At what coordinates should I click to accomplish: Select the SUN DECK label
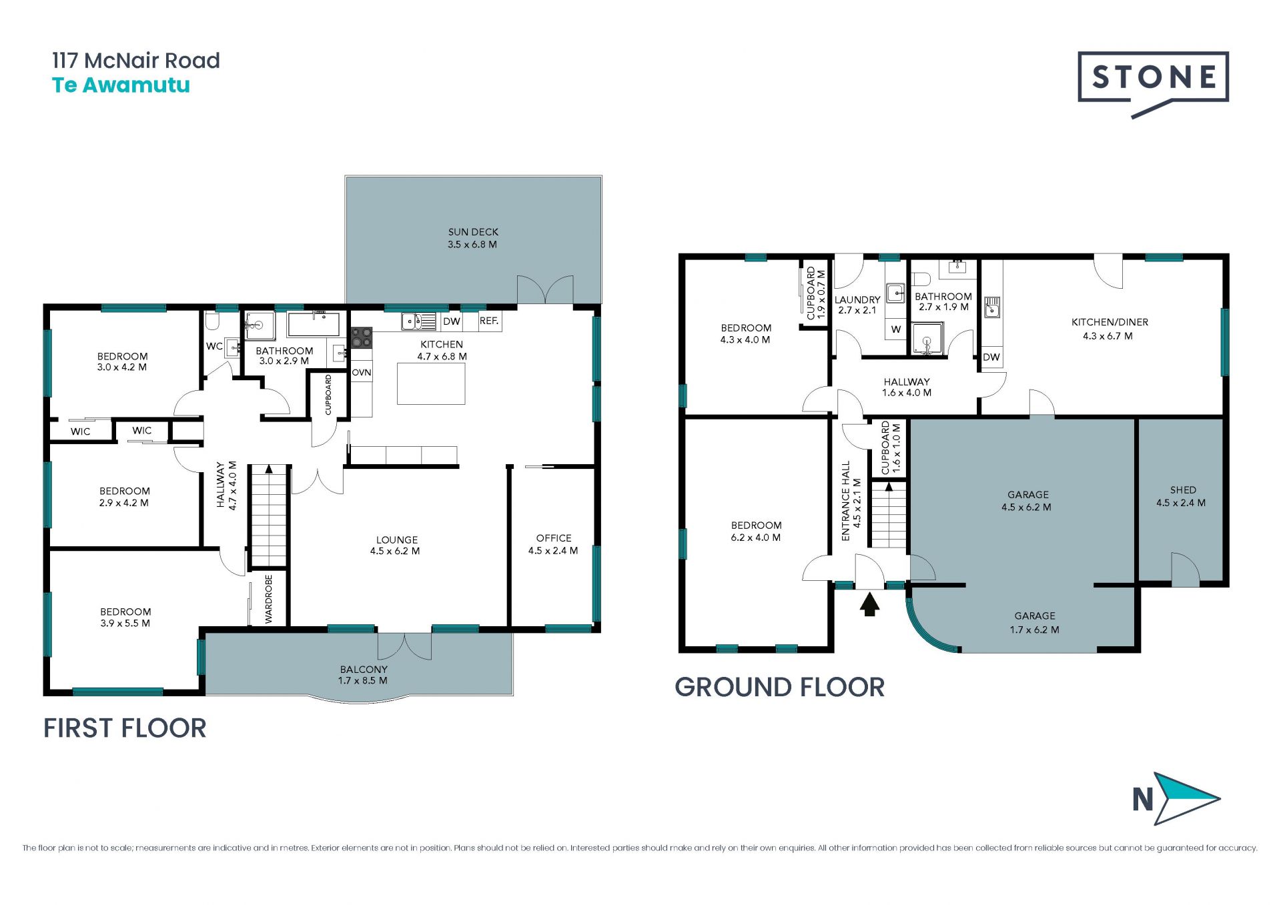[x=473, y=232]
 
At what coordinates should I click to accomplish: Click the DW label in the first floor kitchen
[x=452, y=321]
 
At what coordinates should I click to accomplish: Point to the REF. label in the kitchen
[x=489, y=321]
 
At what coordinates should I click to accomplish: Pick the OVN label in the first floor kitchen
[x=362, y=372]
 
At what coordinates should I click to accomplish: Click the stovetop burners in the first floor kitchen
[x=362, y=337]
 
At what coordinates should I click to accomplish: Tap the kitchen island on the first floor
[x=431, y=383]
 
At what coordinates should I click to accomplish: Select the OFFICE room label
[x=554, y=538]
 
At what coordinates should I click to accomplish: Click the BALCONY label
[x=364, y=669]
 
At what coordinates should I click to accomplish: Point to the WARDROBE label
[x=269, y=600]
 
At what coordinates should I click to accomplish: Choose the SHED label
[x=1183, y=490]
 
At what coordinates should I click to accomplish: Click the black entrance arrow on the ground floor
[x=869, y=604]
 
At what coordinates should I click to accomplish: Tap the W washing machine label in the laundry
[x=896, y=329]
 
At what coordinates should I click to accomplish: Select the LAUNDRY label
[x=857, y=300]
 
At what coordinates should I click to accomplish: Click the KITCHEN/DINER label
[x=1110, y=322]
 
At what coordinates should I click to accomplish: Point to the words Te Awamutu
[x=121, y=85]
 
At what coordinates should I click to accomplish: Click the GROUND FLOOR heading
[x=779, y=688]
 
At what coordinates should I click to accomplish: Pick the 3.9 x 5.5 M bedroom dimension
[x=125, y=624]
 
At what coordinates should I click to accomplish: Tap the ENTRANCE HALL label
[x=846, y=501]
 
